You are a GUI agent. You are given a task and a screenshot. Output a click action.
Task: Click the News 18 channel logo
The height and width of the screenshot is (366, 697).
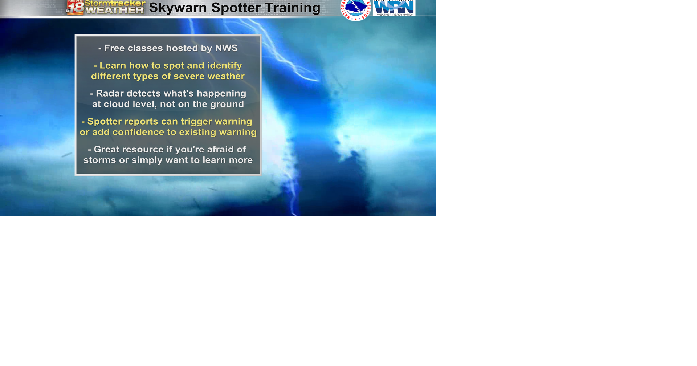point(75,7)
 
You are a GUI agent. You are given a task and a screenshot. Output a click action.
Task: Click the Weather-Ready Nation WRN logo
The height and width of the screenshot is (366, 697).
point(394,8)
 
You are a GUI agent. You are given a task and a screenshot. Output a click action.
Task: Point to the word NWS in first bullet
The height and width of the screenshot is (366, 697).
point(227,48)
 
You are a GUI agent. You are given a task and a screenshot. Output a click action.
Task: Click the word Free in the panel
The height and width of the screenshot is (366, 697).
point(115,48)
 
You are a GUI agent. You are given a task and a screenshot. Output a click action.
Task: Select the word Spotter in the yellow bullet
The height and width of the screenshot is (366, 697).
point(105,122)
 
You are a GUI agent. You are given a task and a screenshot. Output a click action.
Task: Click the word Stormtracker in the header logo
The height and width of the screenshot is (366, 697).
point(115,3)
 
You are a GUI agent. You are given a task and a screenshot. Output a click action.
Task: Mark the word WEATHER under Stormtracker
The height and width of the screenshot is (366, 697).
point(115,11)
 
